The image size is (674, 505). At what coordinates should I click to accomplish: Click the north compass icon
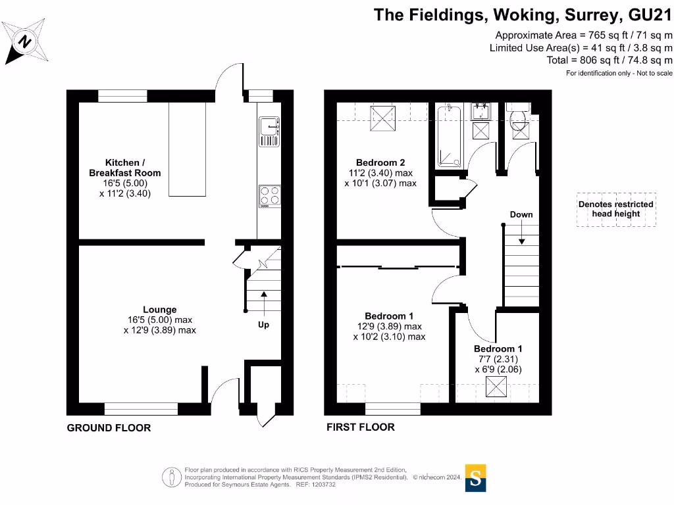tap(25, 42)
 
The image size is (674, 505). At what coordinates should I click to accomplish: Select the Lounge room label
tap(159, 310)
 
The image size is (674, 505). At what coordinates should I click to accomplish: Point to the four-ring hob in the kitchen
tap(269, 196)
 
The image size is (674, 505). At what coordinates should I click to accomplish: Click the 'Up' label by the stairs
tap(263, 325)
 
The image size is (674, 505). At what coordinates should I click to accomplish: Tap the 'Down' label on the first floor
tap(521, 214)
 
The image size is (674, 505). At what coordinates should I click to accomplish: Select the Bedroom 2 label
tap(380, 162)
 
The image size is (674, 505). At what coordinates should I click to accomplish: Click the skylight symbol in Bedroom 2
tap(382, 118)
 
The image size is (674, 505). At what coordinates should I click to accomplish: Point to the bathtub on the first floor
tap(451, 136)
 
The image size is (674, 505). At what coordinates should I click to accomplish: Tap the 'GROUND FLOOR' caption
tap(109, 428)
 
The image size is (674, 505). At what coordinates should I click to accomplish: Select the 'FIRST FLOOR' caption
tap(361, 427)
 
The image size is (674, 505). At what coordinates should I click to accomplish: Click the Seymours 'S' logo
tap(476, 477)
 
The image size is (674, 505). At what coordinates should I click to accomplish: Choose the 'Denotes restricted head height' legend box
tap(616, 209)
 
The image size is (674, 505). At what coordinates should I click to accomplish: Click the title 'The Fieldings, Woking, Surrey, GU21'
tap(523, 15)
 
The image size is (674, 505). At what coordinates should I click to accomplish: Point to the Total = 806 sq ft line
tap(609, 60)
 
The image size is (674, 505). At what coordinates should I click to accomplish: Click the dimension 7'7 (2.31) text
tap(498, 359)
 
